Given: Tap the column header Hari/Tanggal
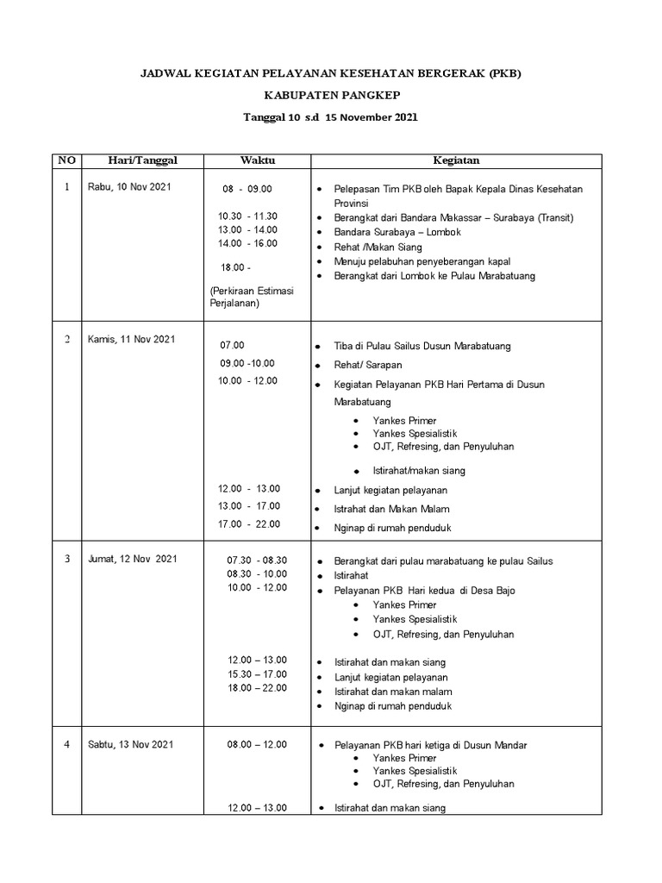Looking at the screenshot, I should coord(142,160).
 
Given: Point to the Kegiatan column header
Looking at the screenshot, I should coord(456,160).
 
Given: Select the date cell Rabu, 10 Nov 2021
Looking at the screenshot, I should coord(128,187).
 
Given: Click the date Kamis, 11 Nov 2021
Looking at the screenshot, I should coord(131,339).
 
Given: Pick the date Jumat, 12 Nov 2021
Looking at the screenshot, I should coord(132,559).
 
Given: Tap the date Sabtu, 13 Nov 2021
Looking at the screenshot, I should coord(131,744).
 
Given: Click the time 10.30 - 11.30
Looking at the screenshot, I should coord(248,216).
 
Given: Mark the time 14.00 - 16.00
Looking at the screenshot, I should coord(248,244).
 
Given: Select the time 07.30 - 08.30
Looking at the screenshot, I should coord(257,560).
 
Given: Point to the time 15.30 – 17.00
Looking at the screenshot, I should coord(257,674).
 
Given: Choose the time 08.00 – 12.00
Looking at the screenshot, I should coord(257,744).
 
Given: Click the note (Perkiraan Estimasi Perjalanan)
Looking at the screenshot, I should coord(252,297).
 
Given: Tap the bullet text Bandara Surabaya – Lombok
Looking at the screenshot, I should coord(397,233).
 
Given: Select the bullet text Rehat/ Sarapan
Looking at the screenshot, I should coord(368,365).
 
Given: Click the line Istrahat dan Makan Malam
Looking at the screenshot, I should coord(391,510).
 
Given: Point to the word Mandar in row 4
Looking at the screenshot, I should coord(509,745).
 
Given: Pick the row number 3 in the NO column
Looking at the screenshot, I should coord(66,559).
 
